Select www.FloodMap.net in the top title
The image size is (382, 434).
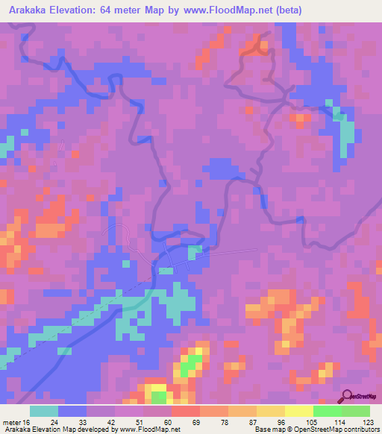click(x=235, y=10)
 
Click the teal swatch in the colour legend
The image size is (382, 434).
click(x=44, y=412)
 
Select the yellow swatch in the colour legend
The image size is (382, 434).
click(x=299, y=412)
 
